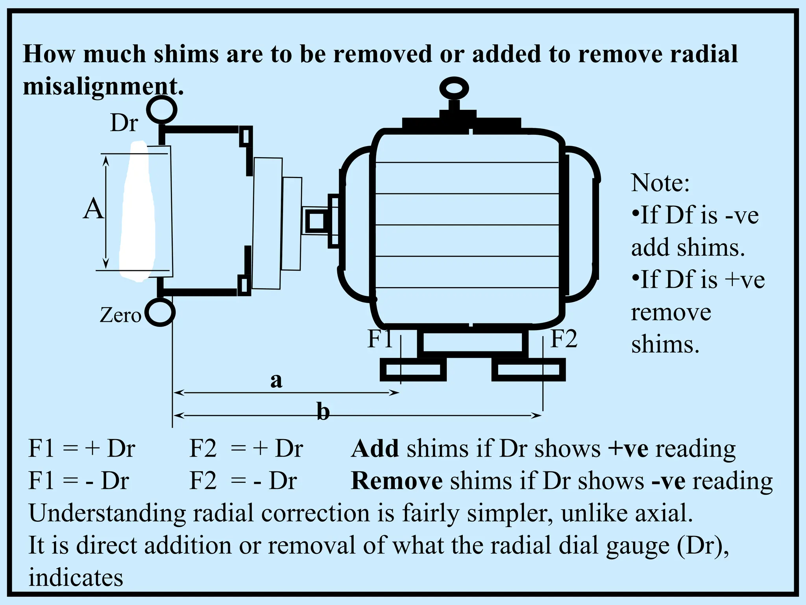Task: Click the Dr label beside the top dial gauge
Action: (124, 123)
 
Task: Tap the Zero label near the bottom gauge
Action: (120, 315)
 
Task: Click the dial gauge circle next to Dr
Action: (161, 110)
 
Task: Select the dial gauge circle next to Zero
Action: (160, 313)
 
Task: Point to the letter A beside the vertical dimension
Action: (93, 209)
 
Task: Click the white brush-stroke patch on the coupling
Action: (138, 213)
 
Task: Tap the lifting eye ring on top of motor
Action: (454, 88)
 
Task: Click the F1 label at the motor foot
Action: (380, 339)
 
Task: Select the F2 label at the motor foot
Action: (563, 339)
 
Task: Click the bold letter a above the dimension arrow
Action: (276, 380)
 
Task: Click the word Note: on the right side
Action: (660, 183)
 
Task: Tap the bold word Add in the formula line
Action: (375, 449)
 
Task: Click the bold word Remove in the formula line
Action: (397, 481)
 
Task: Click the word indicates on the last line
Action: (76, 578)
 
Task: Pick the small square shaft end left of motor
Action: (315, 221)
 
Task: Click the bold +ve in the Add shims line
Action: (628, 449)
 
